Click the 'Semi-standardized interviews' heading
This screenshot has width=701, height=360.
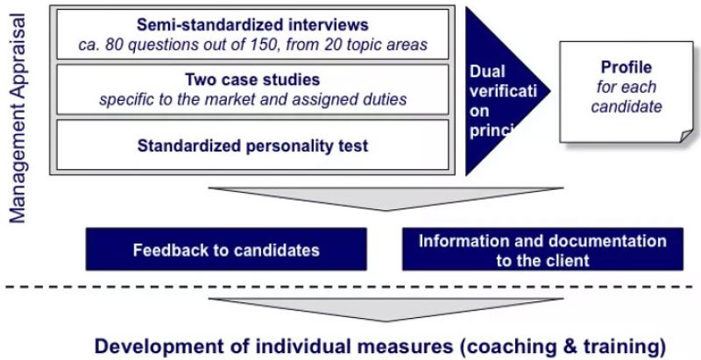tap(252, 25)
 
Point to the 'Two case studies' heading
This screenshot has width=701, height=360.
tap(252, 80)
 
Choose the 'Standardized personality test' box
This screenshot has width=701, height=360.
tap(252, 145)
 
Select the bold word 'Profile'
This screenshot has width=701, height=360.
tap(627, 67)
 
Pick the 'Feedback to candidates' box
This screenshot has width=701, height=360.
tap(226, 250)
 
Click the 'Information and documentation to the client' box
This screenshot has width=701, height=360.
tap(542, 250)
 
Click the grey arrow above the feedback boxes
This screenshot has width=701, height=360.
tap(386, 196)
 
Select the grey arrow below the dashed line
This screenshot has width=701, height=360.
tap(386, 307)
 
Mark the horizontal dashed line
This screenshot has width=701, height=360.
tap(350, 286)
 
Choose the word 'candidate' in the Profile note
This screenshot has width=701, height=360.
tap(627, 108)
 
